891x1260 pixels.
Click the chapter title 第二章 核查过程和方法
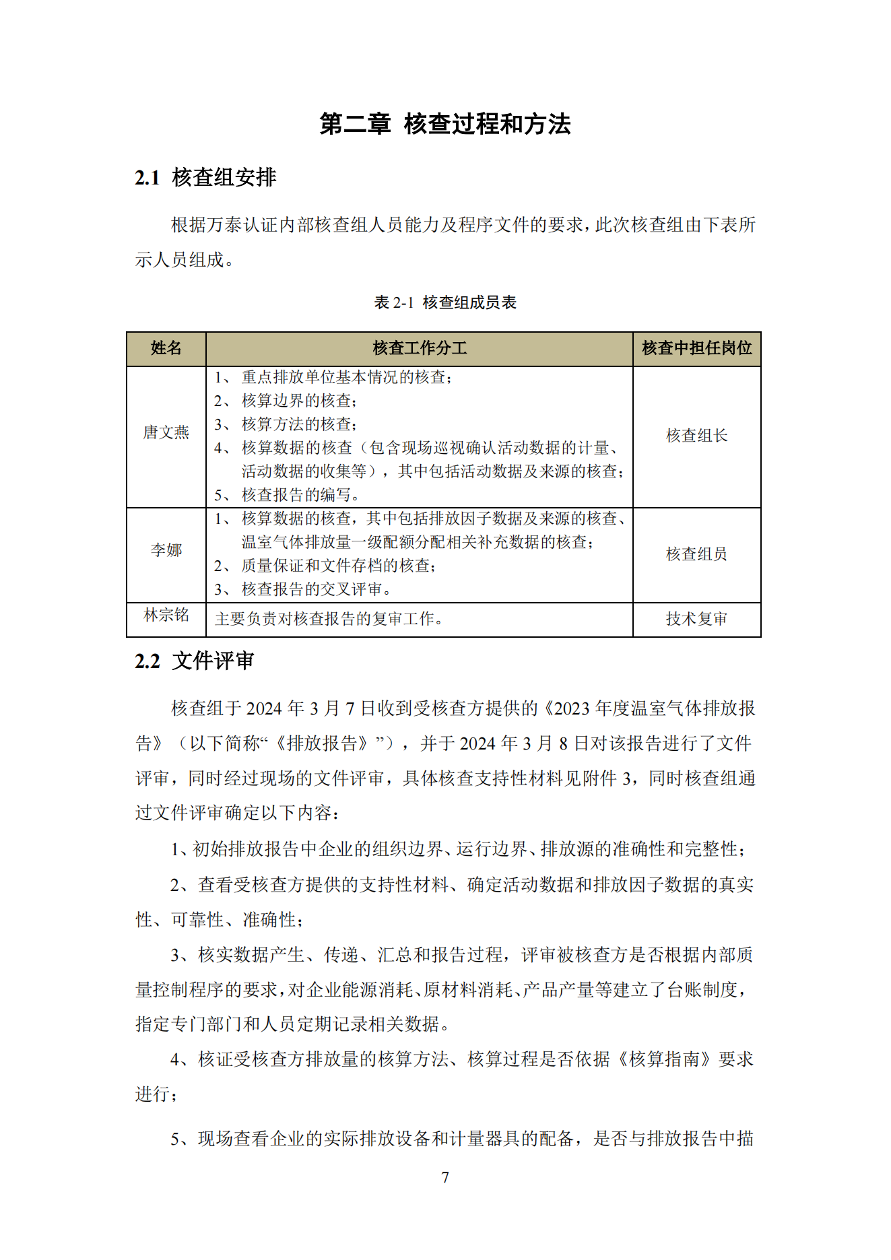tap(445, 125)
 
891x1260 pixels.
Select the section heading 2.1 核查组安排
tap(205, 178)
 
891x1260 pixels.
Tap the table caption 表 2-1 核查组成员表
tap(445, 302)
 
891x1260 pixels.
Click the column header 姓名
tap(166, 348)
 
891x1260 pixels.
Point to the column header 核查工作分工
tap(419, 348)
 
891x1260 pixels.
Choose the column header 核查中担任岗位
tap(696, 348)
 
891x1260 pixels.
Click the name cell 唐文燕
tap(166, 432)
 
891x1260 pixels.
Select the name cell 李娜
tap(166, 550)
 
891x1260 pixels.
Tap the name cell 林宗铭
tap(166, 615)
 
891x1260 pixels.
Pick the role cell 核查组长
tap(696, 436)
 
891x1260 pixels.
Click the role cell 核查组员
tap(696, 554)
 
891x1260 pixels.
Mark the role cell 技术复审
tap(696, 619)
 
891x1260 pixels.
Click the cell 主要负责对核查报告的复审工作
tap(329, 619)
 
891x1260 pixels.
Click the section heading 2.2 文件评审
tap(195, 661)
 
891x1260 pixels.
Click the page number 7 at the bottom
tap(445, 1177)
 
